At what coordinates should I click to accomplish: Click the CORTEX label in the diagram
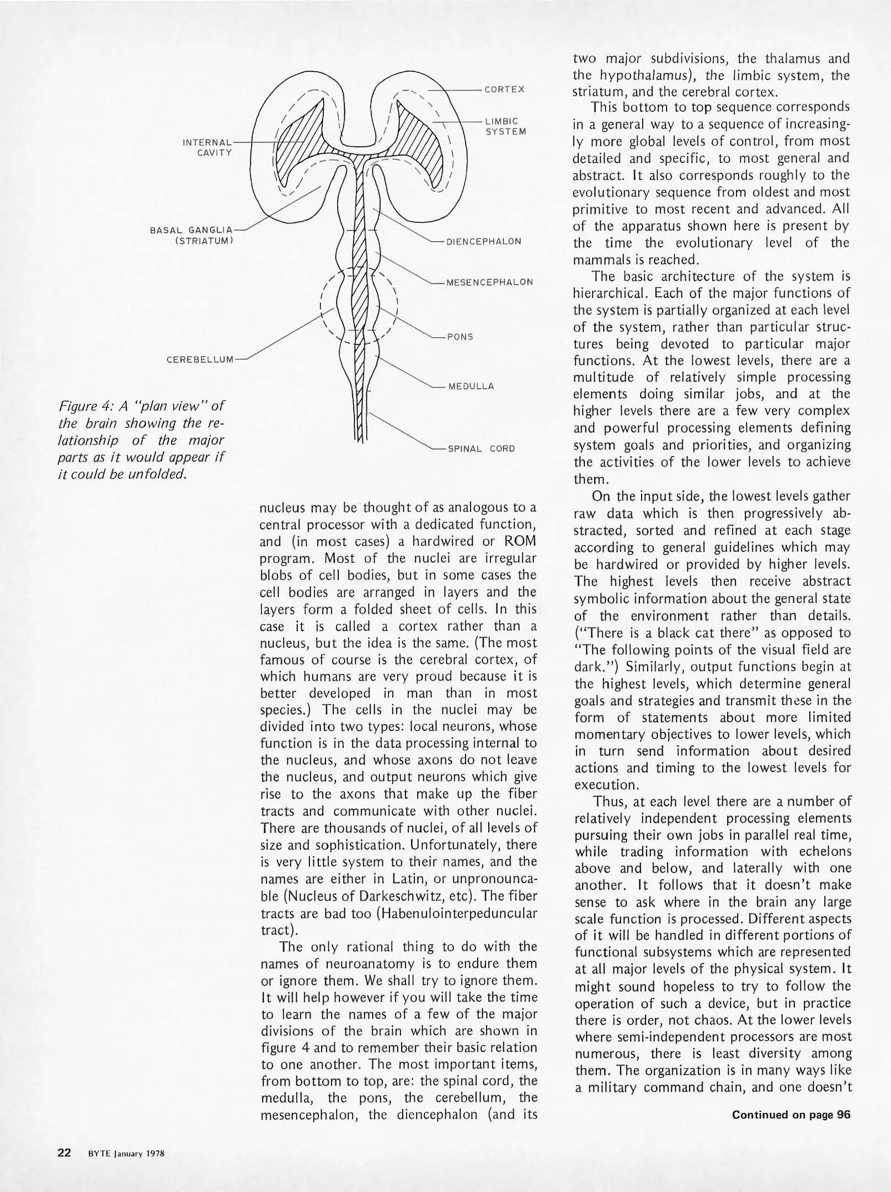(x=504, y=89)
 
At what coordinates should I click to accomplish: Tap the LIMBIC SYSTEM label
(x=505, y=126)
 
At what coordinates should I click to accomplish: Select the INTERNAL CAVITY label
(x=207, y=147)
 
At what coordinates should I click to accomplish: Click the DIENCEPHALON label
(x=483, y=242)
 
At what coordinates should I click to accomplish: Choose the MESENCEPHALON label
(x=489, y=282)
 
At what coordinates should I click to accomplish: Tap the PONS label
(x=460, y=337)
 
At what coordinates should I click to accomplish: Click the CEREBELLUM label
(x=200, y=360)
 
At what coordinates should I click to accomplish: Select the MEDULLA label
(x=471, y=386)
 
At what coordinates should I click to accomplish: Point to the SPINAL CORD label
(x=481, y=449)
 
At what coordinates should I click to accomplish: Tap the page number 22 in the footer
(x=65, y=1153)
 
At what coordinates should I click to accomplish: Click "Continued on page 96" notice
(x=791, y=1114)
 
